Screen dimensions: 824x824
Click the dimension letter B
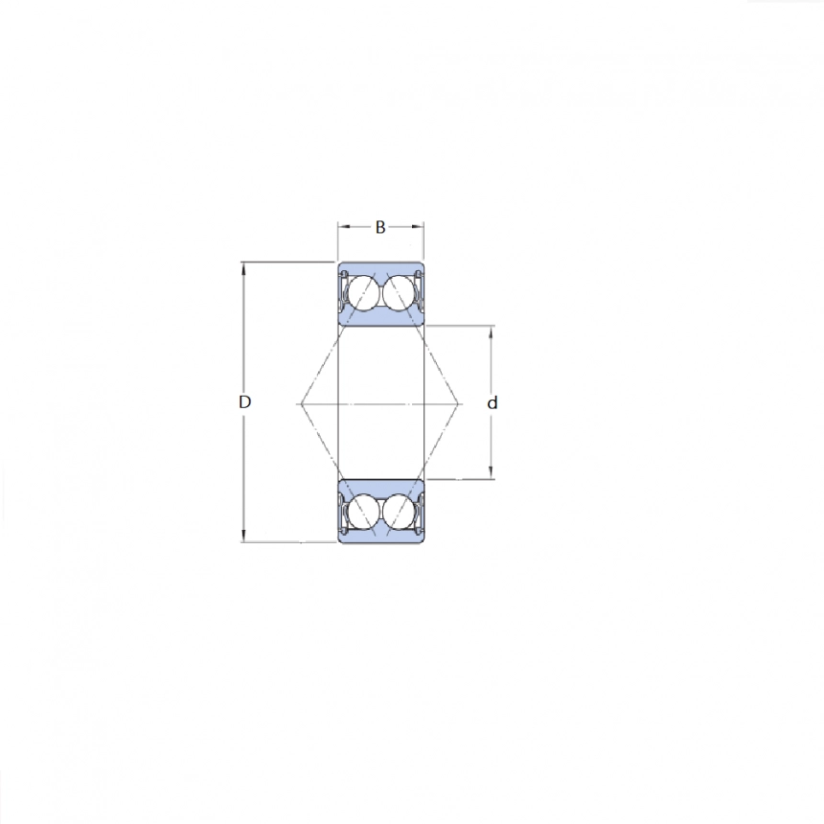pos(380,228)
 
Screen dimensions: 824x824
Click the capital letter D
pos(244,403)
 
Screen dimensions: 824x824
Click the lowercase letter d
pos(492,403)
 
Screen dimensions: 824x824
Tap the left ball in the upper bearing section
pos(363,294)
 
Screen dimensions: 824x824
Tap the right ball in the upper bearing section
pos(398,294)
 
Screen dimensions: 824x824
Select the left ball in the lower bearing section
pos(363,512)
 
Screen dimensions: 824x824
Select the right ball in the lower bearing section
pos(398,512)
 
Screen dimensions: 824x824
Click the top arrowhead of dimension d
pos(492,332)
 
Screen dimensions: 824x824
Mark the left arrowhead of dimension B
pos(341,228)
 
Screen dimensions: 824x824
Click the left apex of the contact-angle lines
pos(300,403)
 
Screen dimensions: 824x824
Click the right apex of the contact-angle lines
pos(462,403)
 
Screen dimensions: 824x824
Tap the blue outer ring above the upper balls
pos(380,267)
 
